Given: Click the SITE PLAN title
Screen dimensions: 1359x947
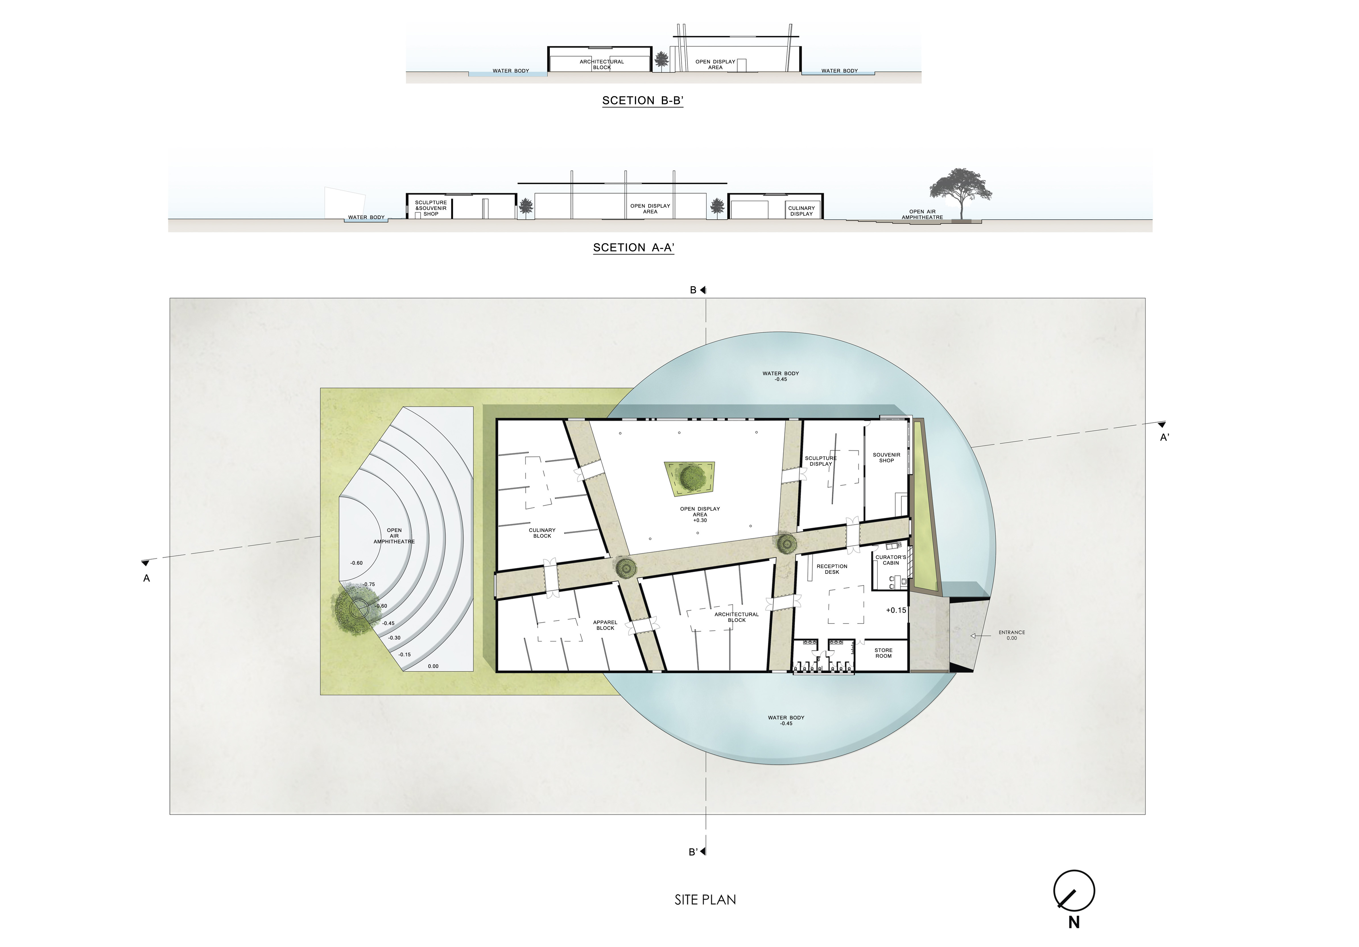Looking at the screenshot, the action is point(705,900).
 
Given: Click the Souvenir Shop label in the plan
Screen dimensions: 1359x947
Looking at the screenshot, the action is point(886,457).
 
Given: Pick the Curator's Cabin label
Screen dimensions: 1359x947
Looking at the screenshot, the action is point(891,560).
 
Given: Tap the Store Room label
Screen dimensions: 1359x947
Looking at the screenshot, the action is point(883,653).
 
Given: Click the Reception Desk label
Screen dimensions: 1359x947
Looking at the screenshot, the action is point(832,569).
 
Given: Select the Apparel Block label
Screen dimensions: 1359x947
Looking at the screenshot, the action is point(605,625).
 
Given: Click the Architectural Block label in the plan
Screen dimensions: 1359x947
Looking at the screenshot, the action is point(736,617).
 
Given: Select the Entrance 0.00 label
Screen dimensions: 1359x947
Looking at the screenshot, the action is point(1011,635).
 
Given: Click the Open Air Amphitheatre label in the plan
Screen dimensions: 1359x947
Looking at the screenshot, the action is point(394,536).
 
